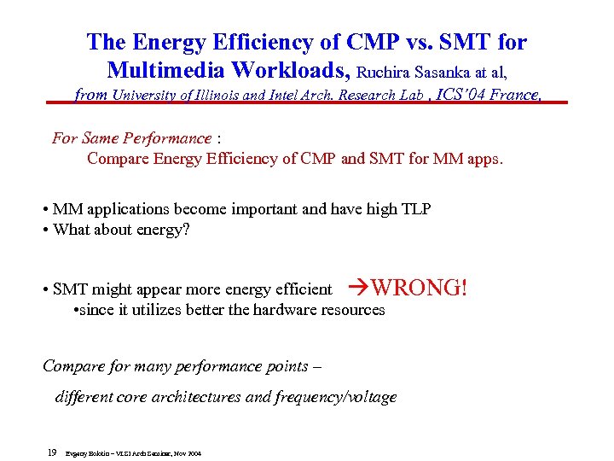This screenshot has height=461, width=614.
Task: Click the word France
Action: coord(515,95)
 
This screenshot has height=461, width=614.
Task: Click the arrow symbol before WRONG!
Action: coord(360,288)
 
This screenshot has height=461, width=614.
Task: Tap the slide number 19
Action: coord(52,452)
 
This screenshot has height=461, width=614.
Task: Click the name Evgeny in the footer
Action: coord(76,453)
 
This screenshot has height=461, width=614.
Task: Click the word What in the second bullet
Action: coord(72,230)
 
